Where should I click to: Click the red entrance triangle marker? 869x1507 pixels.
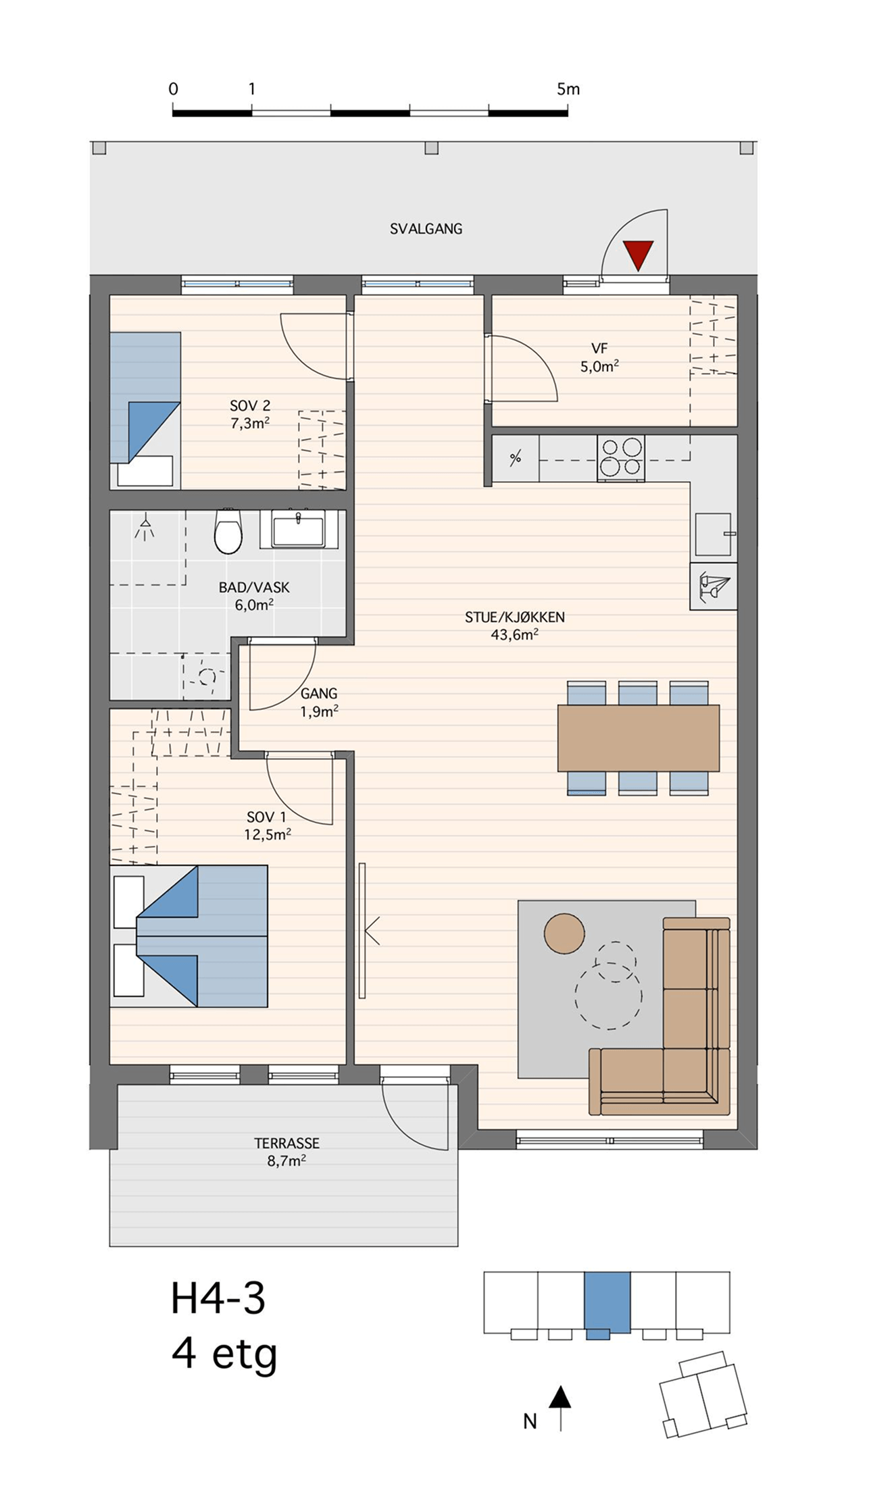click(638, 255)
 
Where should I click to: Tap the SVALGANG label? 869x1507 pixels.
click(426, 229)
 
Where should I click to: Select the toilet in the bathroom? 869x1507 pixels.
click(228, 531)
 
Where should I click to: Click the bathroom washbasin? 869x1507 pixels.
click(298, 528)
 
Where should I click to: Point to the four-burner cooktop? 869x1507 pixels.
click(621, 458)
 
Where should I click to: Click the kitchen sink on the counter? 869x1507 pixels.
click(714, 534)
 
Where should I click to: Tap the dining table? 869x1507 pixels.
click(639, 738)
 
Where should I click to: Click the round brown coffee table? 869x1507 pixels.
click(564, 934)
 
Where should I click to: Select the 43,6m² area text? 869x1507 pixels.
click(515, 634)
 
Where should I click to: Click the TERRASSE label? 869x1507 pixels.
click(287, 1143)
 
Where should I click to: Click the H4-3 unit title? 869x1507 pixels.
click(218, 1298)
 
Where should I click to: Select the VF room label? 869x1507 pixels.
click(599, 349)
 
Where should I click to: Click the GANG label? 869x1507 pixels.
click(319, 694)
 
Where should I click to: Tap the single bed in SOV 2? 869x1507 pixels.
click(145, 410)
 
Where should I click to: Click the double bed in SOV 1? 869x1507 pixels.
click(189, 936)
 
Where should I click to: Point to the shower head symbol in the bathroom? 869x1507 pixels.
click(145, 526)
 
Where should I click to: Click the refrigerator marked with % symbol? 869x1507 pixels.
click(516, 459)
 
